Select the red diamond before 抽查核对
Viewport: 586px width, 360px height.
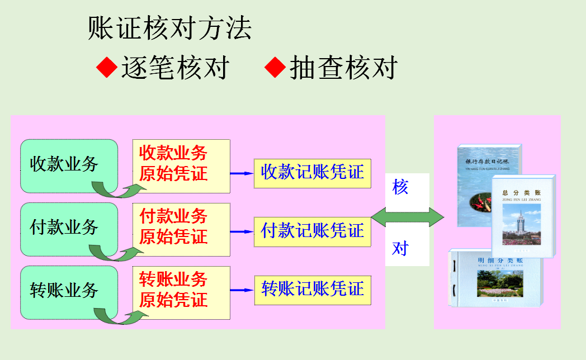pos(275,68)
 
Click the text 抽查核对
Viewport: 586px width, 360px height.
pos(343,68)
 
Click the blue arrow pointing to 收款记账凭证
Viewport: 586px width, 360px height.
pos(242,173)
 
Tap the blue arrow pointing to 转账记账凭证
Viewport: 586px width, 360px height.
pos(242,290)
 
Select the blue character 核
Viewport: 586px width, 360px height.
pos(400,188)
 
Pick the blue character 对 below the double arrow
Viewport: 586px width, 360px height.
pos(400,248)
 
